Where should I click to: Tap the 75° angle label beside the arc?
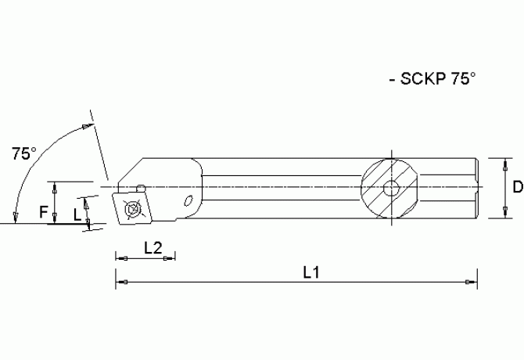click(24, 154)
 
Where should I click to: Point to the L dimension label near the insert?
click(76, 213)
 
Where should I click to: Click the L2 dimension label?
click(153, 248)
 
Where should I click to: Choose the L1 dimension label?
click(311, 273)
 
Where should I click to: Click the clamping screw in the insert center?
click(133, 210)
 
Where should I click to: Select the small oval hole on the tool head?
click(188, 201)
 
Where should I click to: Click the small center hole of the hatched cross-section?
click(389, 188)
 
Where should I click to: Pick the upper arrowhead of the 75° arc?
click(84, 127)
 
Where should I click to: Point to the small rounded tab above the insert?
click(140, 186)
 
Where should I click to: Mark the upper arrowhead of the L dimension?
click(86, 201)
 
